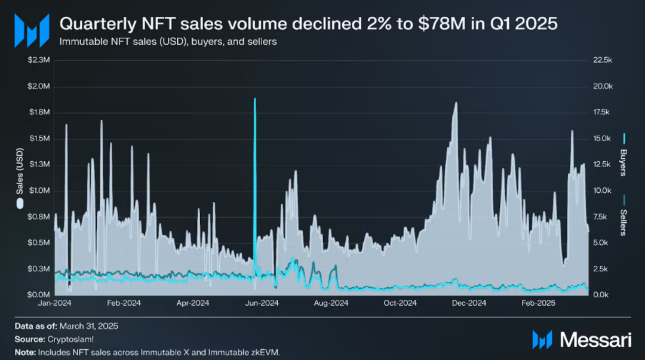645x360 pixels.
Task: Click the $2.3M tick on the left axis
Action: [x=39, y=60]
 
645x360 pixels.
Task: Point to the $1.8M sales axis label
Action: [x=39, y=112]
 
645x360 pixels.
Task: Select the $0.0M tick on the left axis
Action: [x=39, y=295]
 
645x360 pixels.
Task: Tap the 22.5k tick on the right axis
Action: [x=602, y=60]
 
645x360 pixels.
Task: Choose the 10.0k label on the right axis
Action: [x=602, y=190]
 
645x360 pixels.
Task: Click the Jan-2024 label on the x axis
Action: [x=55, y=303]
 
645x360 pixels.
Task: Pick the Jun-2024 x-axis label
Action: [x=262, y=303]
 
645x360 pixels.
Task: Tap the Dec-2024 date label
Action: [x=469, y=303]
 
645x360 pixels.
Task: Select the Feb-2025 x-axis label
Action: [x=538, y=303]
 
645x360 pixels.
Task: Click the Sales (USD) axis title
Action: [x=20, y=173]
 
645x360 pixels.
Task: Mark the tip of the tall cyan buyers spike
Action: [x=255, y=99]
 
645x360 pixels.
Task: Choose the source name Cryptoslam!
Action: [x=66, y=339]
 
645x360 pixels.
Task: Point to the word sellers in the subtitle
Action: [x=261, y=42]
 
